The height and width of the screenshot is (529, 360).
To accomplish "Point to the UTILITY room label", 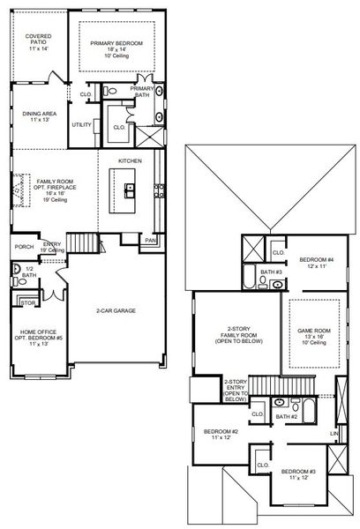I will pyautogui.click(x=82, y=124).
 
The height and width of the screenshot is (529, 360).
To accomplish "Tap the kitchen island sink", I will pyautogui.click(x=129, y=187).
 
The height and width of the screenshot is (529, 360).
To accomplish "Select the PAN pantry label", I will pyautogui.click(x=150, y=238).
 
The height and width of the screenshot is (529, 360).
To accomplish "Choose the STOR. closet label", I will pyautogui.click(x=26, y=302).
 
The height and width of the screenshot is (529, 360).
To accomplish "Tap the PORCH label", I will pyautogui.click(x=23, y=246).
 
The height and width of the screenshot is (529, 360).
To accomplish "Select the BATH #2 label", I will pyautogui.click(x=285, y=415).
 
